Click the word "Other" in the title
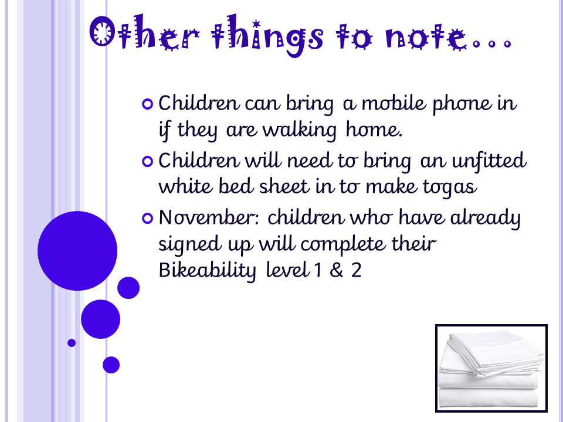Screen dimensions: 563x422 [x=144, y=33]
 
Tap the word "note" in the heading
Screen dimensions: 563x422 [x=425, y=36]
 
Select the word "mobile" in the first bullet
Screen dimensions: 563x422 [x=393, y=103]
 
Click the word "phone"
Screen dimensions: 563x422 [x=462, y=104]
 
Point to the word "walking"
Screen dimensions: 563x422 [x=300, y=130]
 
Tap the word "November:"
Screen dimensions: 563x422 [x=209, y=217]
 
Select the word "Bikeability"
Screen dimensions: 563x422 [x=207, y=271]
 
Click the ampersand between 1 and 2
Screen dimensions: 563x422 [x=337, y=270]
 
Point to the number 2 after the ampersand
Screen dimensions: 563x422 [x=356, y=270]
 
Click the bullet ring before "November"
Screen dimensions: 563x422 [x=148, y=218]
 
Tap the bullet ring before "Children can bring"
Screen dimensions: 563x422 [x=148, y=104]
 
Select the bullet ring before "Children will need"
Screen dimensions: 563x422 [x=148, y=161]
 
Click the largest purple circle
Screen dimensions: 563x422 [x=77, y=251]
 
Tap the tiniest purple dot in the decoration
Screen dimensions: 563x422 [x=72, y=343]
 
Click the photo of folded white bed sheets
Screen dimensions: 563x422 [x=491, y=368]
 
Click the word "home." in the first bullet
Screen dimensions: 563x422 [x=374, y=130]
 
